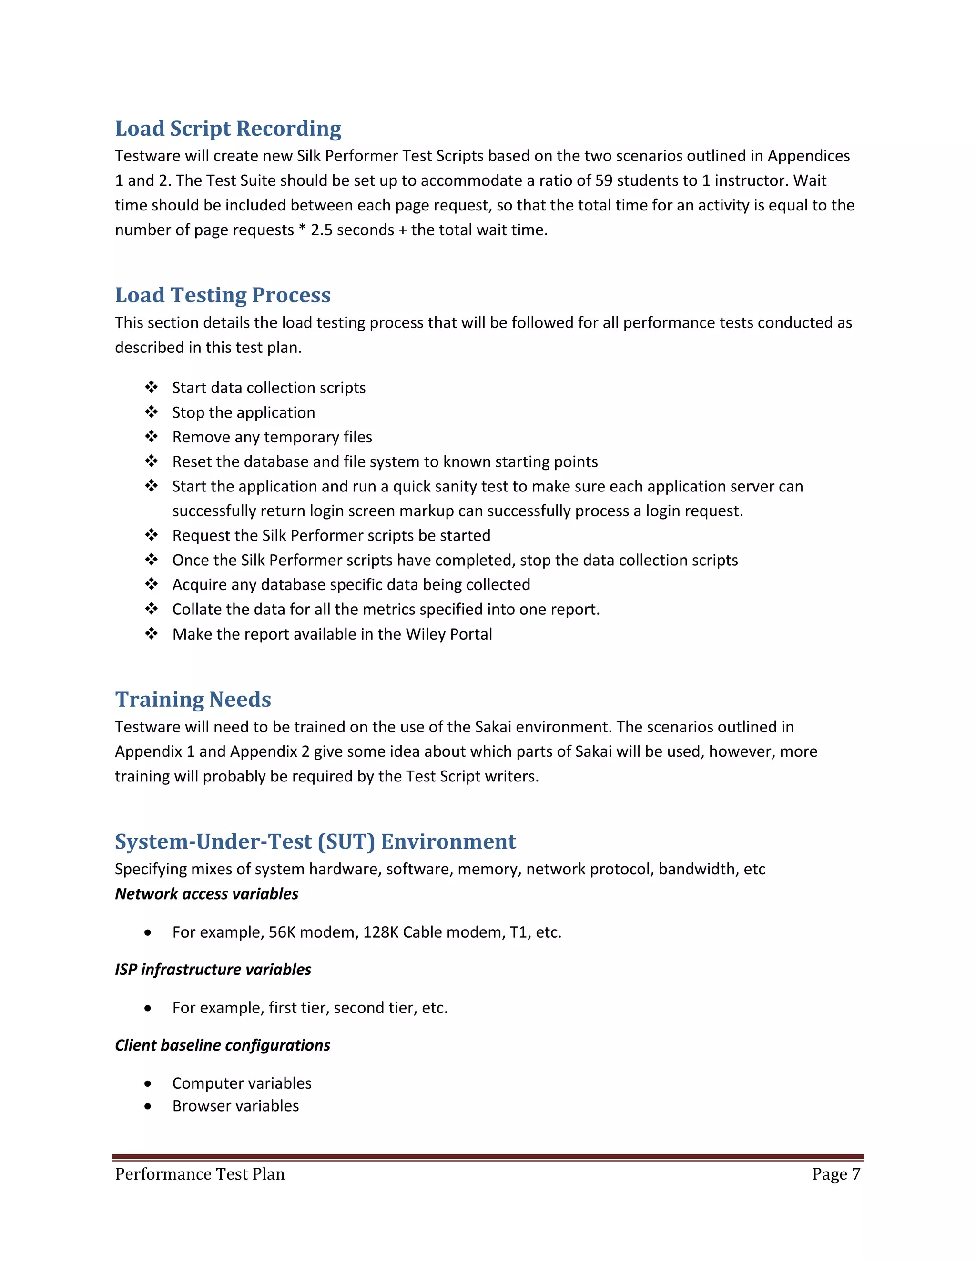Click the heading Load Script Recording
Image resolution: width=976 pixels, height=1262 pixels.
tap(228, 128)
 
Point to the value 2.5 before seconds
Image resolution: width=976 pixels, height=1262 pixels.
tap(322, 230)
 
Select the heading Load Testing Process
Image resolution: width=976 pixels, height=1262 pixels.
tap(223, 295)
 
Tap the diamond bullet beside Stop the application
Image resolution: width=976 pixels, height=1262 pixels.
tap(152, 412)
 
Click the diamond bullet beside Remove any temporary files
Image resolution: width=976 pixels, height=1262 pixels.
tap(152, 436)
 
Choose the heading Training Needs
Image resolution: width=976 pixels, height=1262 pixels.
tap(193, 699)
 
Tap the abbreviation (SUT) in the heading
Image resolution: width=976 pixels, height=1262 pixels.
tap(346, 841)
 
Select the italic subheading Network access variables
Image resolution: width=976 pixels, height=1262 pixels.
tap(206, 894)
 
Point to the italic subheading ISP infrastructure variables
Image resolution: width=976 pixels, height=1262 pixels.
tap(213, 970)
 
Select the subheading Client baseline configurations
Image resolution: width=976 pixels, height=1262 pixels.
tap(222, 1045)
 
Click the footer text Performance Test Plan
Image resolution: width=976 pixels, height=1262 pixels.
tap(200, 1174)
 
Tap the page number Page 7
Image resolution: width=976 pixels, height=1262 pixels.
tap(835, 1174)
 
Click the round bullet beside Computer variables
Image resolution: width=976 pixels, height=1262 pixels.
tap(149, 1084)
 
